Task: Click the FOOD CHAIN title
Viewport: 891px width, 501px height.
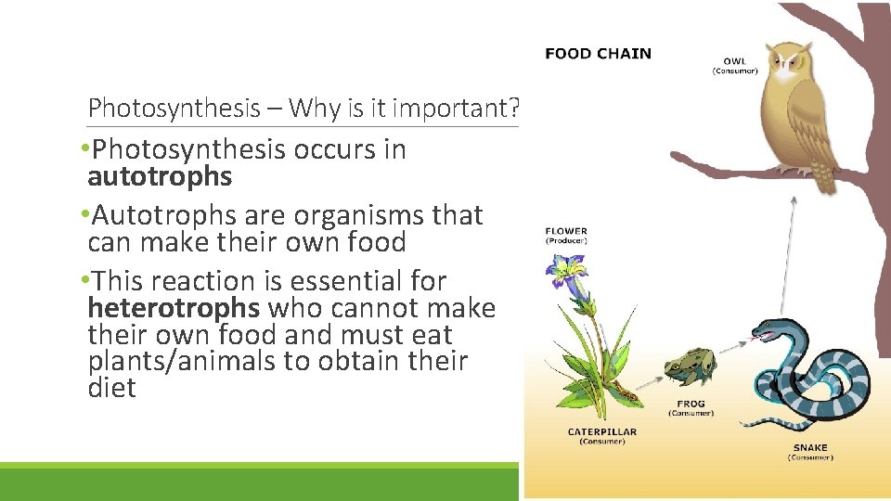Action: [x=598, y=53]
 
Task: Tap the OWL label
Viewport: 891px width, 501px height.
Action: [x=734, y=62]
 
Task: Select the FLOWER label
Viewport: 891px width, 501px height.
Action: [x=566, y=231]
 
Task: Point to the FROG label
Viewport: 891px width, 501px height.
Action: [x=691, y=404]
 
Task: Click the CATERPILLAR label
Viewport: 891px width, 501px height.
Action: [x=602, y=431]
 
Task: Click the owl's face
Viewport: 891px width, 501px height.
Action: [x=792, y=65]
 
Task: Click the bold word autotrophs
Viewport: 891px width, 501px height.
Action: [x=159, y=176]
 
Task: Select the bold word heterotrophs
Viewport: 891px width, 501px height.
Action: [x=174, y=308]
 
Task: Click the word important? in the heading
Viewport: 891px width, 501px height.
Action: [x=456, y=108]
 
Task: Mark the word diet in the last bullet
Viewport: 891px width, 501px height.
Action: [x=111, y=388]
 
